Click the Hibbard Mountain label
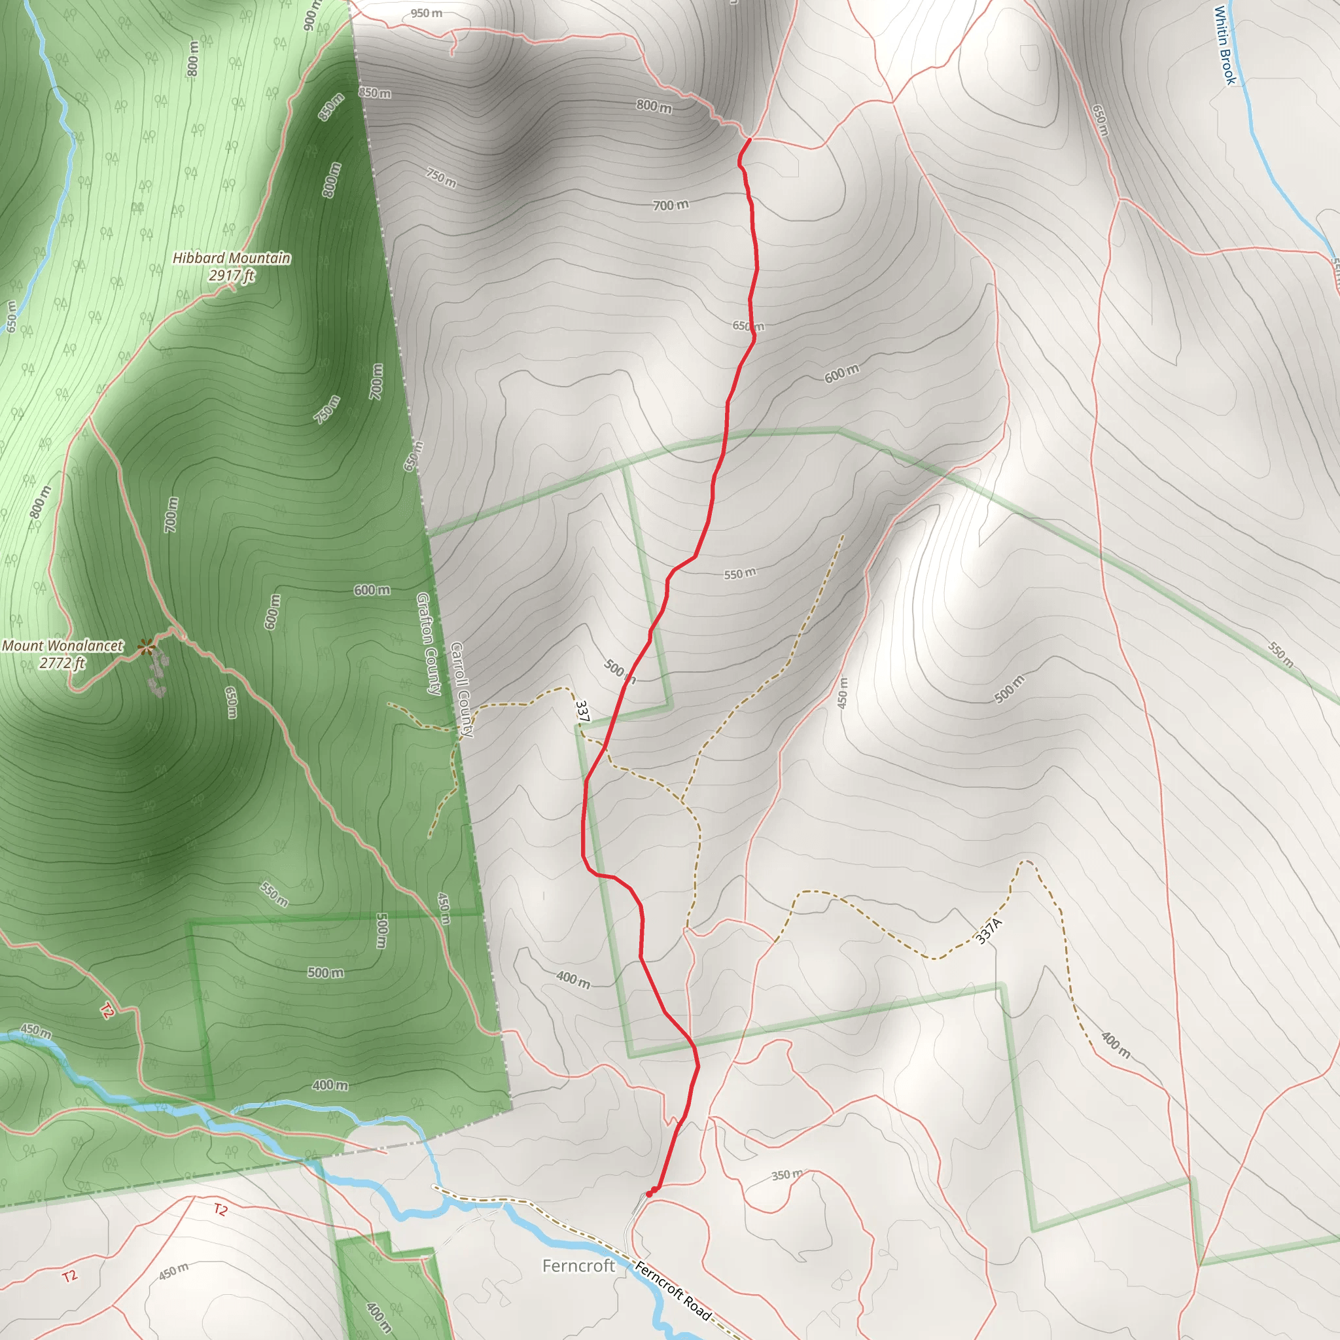pyautogui.click(x=231, y=258)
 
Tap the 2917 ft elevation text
pyautogui.click(x=231, y=275)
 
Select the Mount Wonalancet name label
pyautogui.click(x=62, y=646)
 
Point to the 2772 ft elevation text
pyautogui.click(x=62, y=663)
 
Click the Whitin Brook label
pyautogui.click(x=1225, y=45)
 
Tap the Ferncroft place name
pyautogui.click(x=578, y=1267)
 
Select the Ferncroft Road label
pyautogui.click(x=673, y=1292)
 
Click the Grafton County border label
pyautogui.click(x=429, y=644)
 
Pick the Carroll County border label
pyautogui.click(x=462, y=690)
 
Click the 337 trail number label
pyautogui.click(x=582, y=712)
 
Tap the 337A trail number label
pyautogui.click(x=989, y=932)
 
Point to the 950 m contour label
pyautogui.click(x=426, y=13)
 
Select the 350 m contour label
pyautogui.click(x=787, y=1175)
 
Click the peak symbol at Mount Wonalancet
pyautogui.click(x=147, y=648)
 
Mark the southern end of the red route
pyautogui.click(x=649, y=1193)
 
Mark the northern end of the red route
pyautogui.click(x=750, y=139)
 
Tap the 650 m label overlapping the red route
pyautogui.click(x=749, y=326)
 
